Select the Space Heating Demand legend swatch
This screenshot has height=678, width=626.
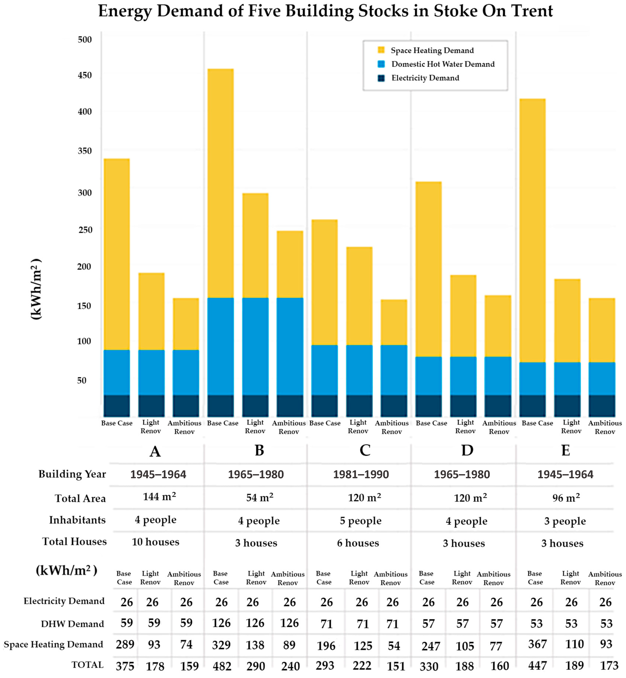381,50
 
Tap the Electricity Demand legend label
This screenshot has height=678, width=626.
425,78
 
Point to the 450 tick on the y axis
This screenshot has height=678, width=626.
85,75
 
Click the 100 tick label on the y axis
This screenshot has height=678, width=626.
84,341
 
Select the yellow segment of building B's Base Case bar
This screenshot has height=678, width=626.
220,183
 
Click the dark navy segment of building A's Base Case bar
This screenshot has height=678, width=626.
117,406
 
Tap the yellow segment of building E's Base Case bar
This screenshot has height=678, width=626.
532,230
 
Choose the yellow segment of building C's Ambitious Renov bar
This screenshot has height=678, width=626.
394,322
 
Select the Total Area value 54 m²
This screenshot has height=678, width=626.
260,498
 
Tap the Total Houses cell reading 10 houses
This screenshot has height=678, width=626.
155,542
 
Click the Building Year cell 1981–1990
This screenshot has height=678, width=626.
361,474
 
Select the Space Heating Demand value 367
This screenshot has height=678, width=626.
537,644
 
